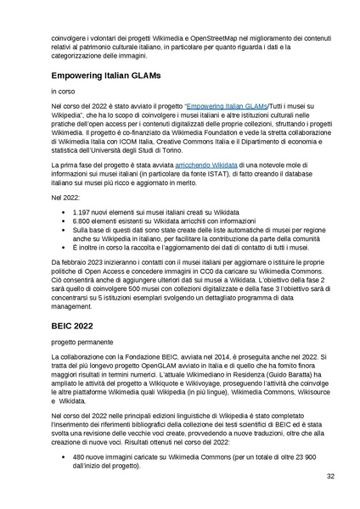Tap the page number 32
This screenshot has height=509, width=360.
click(330, 477)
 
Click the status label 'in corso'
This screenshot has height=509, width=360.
click(62, 90)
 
